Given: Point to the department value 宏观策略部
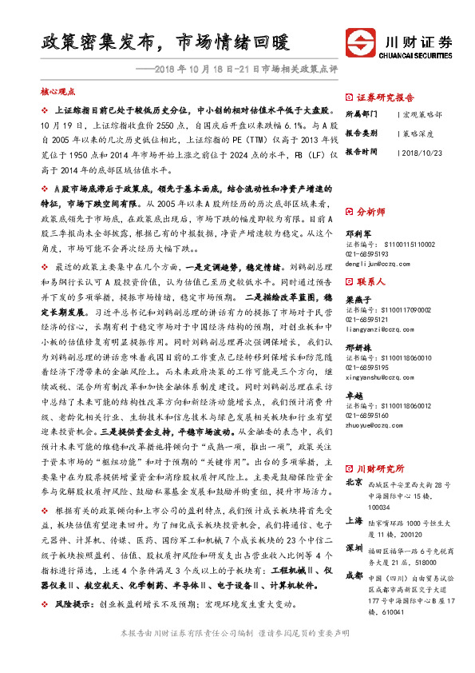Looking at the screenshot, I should (x=421, y=114).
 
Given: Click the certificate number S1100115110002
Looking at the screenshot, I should (x=397, y=243).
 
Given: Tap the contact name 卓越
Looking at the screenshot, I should (x=354, y=395).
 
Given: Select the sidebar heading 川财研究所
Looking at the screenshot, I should (x=381, y=467).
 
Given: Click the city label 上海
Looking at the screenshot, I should (x=354, y=520).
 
